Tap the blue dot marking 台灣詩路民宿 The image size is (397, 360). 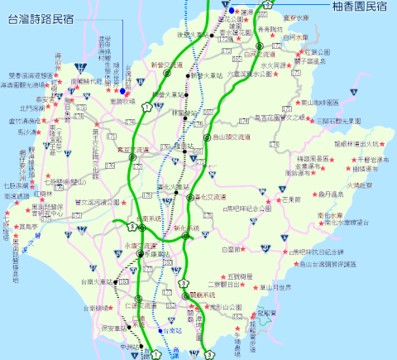click(x=122, y=91)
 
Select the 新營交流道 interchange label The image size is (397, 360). click(x=169, y=64)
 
